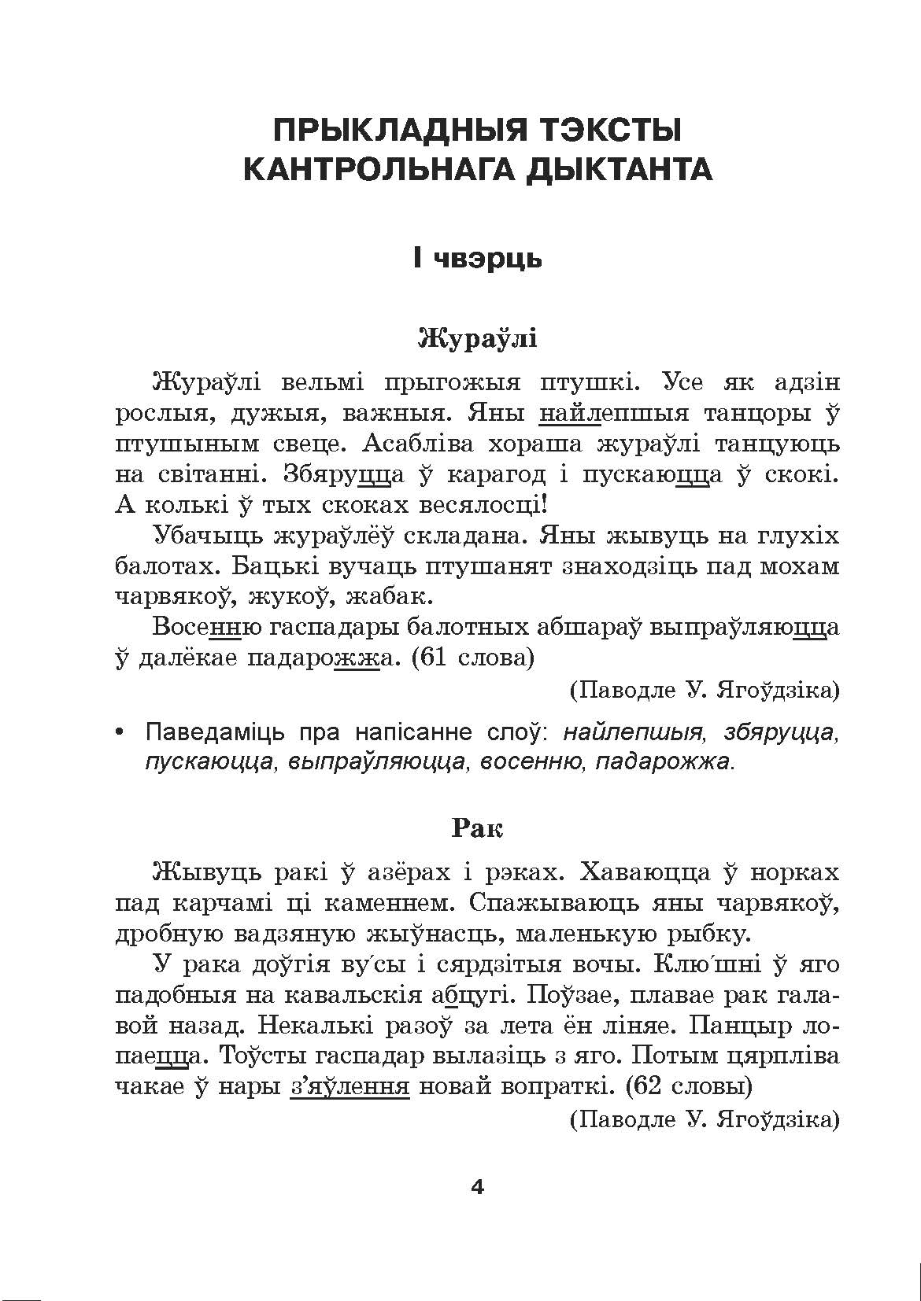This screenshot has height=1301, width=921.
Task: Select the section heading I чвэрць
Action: [x=477, y=257]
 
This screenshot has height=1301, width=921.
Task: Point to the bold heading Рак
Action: [x=477, y=827]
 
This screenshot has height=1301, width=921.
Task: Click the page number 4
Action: [x=477, y=1187]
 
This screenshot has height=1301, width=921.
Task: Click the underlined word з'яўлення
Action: [x=350, y=1087]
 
